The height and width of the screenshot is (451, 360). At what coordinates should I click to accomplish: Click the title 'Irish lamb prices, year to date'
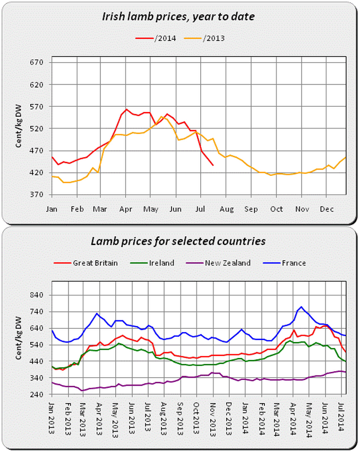click(x=178, y=16)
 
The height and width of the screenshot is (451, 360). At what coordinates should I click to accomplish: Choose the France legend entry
click(x=293, y=262)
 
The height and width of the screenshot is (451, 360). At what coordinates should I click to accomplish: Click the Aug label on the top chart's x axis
click(x=227, y=209)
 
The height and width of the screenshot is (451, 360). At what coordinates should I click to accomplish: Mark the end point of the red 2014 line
click(x=213, y=165)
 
